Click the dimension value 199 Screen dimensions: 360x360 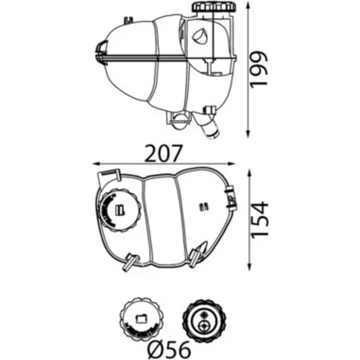pos(258,68)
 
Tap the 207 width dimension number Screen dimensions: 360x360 pos(164,153)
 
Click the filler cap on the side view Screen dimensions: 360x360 pos(215,7)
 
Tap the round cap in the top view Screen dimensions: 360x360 pos(118,210)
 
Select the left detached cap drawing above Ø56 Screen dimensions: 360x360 pos(142,319)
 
